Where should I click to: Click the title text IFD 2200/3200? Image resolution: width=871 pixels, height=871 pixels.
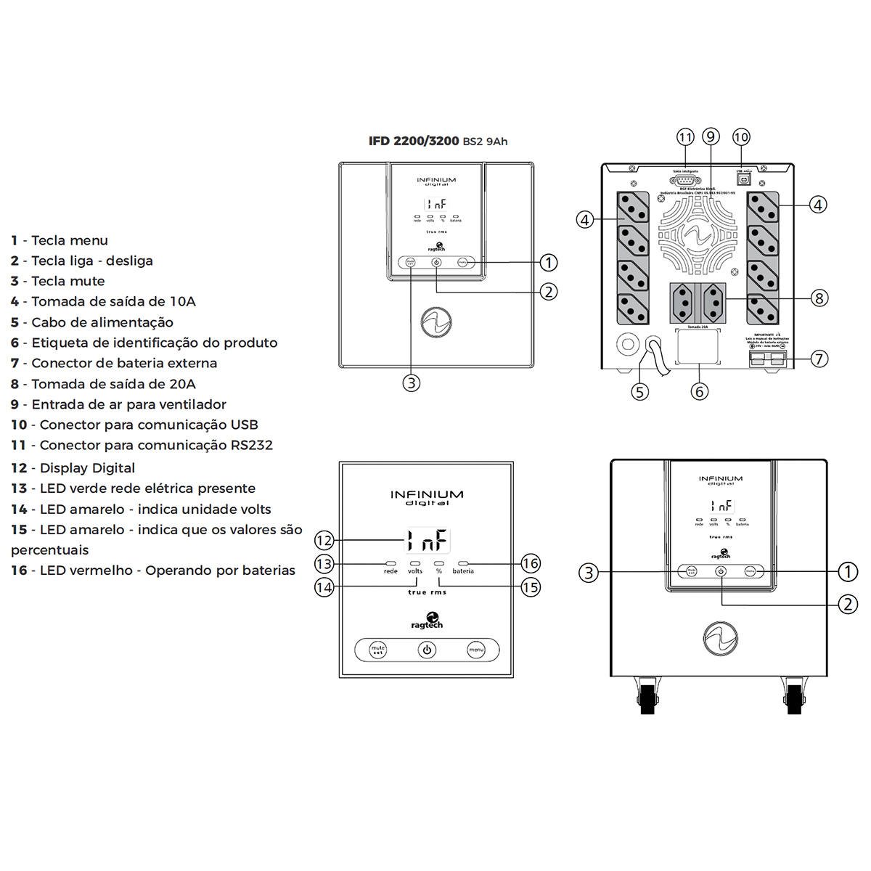414,141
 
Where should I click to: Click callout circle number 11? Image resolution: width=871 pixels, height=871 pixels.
685,137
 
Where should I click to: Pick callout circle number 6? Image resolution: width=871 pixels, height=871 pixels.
699,391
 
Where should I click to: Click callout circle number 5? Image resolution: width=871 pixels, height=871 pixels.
639,391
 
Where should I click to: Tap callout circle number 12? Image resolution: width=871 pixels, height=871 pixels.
324,540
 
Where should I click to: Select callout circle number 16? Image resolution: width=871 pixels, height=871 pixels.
531,563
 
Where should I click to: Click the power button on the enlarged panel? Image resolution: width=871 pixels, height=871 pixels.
427,650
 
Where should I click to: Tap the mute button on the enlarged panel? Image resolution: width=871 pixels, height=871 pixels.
377,650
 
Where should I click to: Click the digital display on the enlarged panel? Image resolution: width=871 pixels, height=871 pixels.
427,541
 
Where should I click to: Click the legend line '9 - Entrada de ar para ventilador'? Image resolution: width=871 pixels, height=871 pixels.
118,404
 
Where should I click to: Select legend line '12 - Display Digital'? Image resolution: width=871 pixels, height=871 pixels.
73,468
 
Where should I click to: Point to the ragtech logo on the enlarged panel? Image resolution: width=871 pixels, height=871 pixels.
427,621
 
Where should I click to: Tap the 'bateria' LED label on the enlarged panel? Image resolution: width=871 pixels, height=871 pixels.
463,571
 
